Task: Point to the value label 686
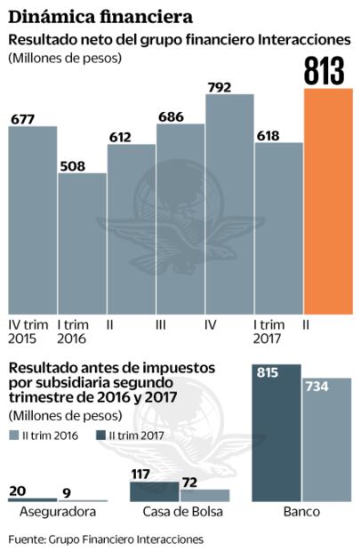[x=180, y=116]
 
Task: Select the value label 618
[x=278, y=135]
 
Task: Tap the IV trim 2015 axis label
[x=28, y=331]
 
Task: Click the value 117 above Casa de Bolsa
[x=141, y=474]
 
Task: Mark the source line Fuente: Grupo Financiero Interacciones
[x=106, y=538]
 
